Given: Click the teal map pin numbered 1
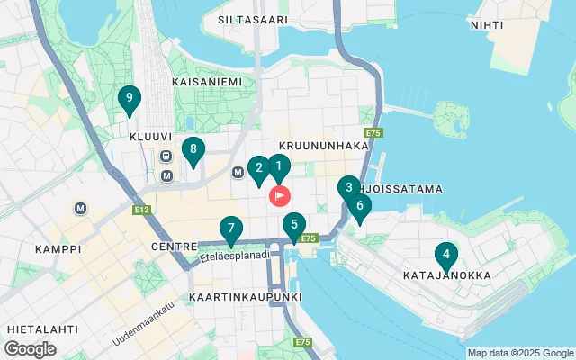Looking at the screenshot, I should (279, 166).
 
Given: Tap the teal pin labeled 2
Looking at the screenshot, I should (258, 168).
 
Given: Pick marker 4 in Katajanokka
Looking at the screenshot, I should (445, 255).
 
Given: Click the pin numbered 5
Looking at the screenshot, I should (293, 225).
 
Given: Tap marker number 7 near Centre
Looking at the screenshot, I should (231, 229).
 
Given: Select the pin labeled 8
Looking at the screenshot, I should (192, 150).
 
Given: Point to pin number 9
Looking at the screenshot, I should (130, 98).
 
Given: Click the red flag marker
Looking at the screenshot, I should (281, 195).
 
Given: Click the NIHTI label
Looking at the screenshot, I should (487, 24).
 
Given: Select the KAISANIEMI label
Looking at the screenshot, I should (212, 81).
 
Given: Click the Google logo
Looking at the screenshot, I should (30, 348).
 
